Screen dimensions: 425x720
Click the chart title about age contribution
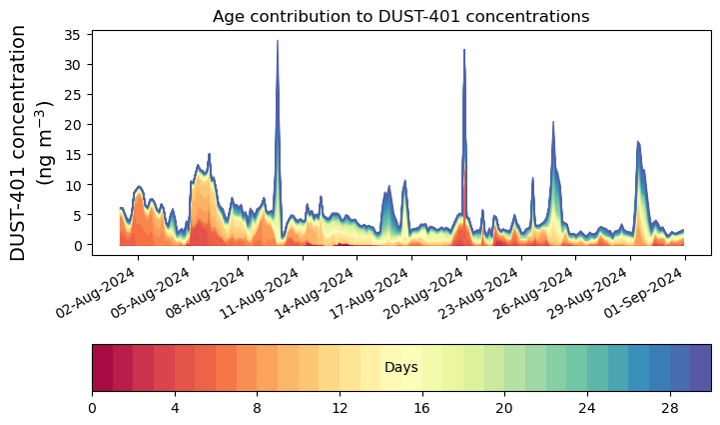coord(400,16)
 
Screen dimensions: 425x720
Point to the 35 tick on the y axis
coord(73,34)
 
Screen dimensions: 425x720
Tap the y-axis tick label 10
coord(73,185)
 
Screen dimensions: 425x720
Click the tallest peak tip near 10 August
coord(278,42)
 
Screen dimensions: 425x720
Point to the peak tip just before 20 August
coord(464,50)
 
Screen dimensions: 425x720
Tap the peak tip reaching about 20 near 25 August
coord(553,123)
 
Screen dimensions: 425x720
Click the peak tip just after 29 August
coord(637,142)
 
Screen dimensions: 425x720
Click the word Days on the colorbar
coord(400,368)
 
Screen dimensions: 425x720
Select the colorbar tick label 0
coord(92,408)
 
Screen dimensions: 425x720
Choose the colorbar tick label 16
coord(421,408)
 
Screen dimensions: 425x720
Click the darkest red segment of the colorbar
coord(102,368)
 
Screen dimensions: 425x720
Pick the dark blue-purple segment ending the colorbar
coord(700,368)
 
